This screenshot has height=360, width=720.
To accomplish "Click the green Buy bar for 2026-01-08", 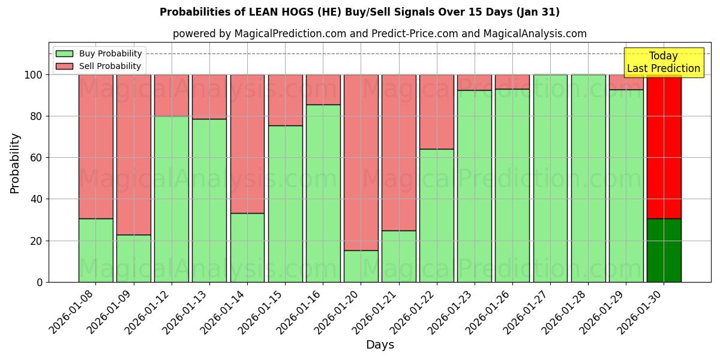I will (95, 250).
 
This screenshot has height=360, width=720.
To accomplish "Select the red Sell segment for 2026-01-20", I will (361, 162).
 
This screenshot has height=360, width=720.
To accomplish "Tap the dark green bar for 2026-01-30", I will (664, 250).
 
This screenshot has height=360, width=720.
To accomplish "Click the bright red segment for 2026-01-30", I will (664, 146).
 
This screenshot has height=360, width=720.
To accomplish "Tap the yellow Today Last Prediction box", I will (663, 62).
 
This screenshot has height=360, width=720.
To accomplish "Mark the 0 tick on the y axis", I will (40, 282).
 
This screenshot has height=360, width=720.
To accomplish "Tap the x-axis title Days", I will (380, 345).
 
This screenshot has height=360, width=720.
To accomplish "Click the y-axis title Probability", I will (15, 163).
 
